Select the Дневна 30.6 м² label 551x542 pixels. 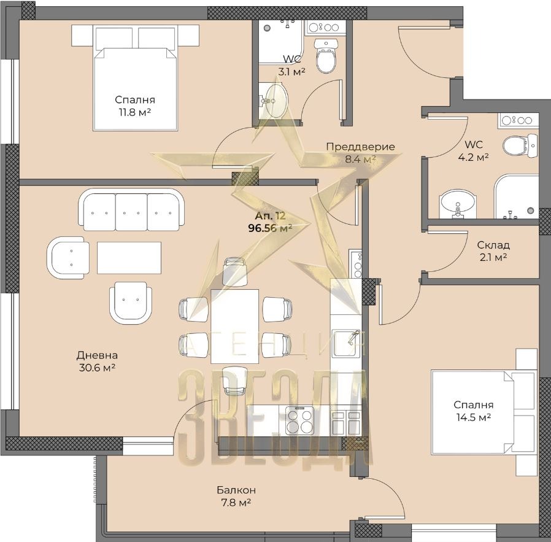pyautogui.click(x=97, y=362)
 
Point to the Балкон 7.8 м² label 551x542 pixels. pyautogui.click(x=236, y=496)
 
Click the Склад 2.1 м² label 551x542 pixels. pyautogui.click(x=493, y=251)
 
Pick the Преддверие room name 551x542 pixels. pyautogui.click(x=360, y=147)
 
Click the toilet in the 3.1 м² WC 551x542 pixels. pyautogui.click(x=326, y=56)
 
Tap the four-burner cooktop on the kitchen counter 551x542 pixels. pyautogui.click(x=299, y=420)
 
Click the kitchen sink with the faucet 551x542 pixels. pyautogui.click(x=346, y=343)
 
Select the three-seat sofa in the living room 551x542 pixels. pyautogui.click(x=131, y=210)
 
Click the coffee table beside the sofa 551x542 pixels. pyautogui.click(x=129, y=258)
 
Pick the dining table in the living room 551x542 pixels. pyautogui.click(x=234, y=327)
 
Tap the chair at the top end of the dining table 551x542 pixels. pyautogui.click(x=234, y=271)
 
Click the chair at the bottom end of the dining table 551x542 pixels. pyautogui.click(x=234, y=381)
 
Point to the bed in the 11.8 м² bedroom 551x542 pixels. pyautogui.click(x=135, y=78)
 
